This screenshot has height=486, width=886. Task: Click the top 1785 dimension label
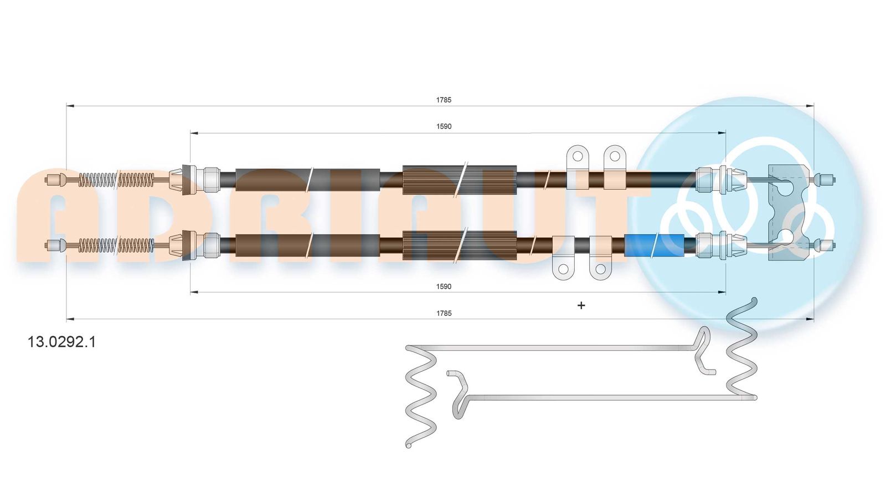pos(444,100)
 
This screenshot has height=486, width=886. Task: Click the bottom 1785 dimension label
pos(444,313)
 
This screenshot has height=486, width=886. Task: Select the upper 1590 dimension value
pos(444,126)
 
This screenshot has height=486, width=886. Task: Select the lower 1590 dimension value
pos(444,287)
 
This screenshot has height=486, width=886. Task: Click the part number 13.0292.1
pos(61,342)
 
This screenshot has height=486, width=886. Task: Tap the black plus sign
pos(581,305)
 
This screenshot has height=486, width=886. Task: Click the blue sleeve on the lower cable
pos(654,244)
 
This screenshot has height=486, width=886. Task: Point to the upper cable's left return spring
pos(116,180)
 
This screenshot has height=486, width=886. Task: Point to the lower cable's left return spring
pos(116,245)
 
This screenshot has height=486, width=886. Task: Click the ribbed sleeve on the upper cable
pos(460,179)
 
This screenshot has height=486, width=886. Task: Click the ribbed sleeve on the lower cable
pos(460,245)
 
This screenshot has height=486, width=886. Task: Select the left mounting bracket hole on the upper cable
pos(578,156)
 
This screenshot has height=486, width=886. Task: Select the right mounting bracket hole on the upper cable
pos(614,156)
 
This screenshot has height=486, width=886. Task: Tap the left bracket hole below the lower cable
pos(563,269)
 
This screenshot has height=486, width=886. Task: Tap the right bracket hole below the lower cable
pos(600,269)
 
